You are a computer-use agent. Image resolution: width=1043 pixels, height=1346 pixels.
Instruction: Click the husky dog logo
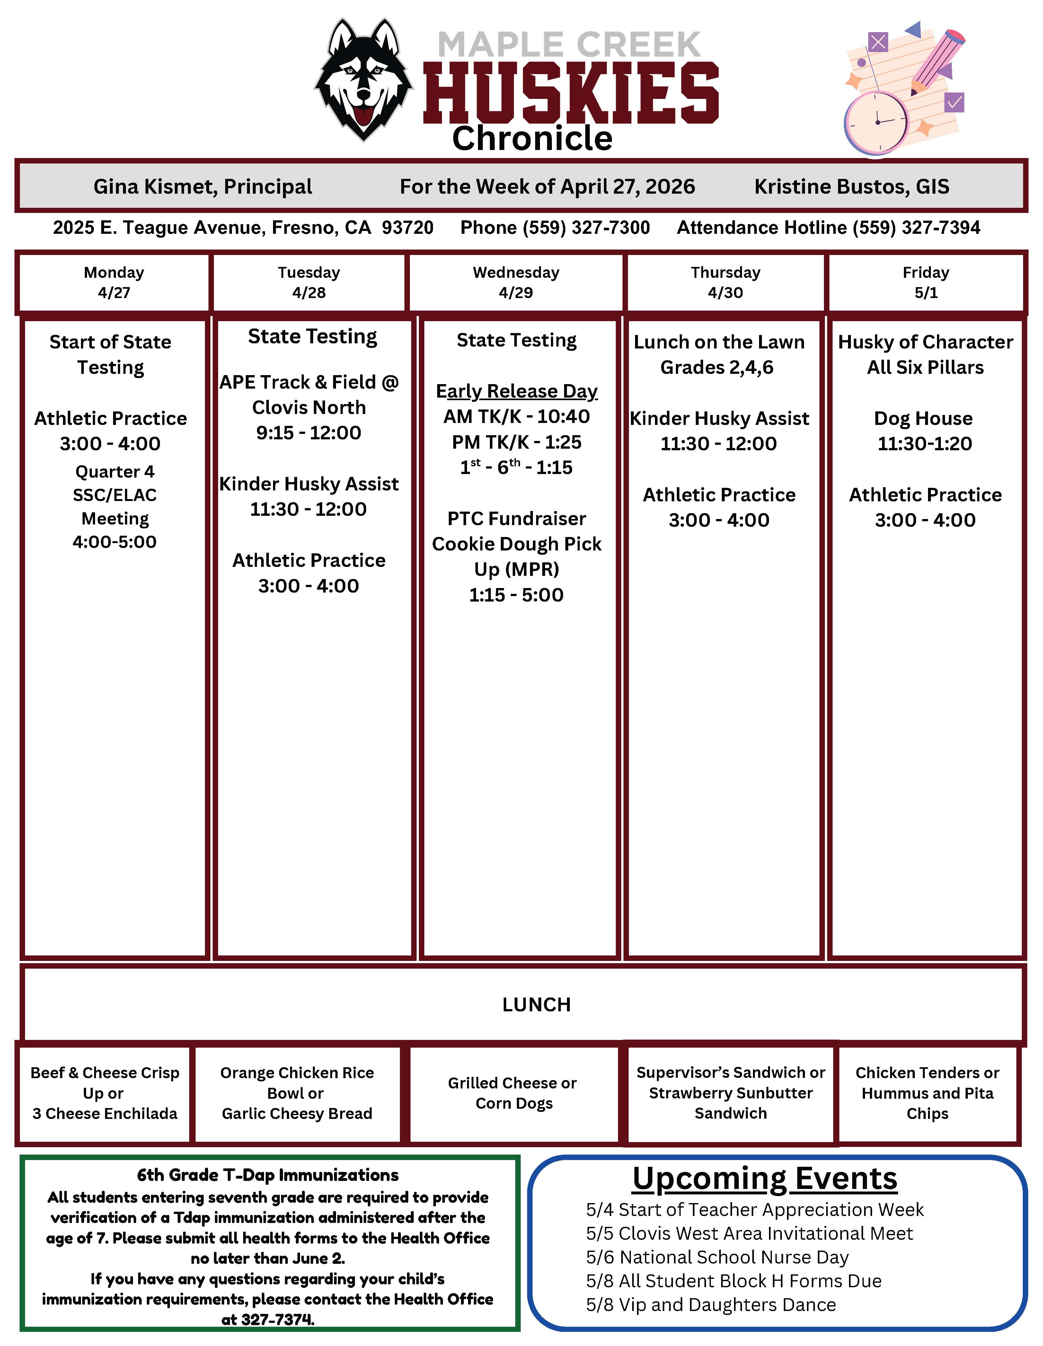pos(363,79)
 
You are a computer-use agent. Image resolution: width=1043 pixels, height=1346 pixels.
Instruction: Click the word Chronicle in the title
pos(532,139)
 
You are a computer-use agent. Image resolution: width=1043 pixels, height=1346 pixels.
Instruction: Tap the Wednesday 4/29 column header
pos(516,282)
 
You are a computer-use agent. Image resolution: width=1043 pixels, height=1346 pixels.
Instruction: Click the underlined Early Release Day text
pos(517,391)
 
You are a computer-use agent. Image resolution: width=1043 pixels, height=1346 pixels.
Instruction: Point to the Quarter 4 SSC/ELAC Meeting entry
pos(115,506)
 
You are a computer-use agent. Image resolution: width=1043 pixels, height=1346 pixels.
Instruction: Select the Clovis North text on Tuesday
pos(309,407)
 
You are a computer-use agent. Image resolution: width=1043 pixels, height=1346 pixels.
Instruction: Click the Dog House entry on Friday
pos(924,418)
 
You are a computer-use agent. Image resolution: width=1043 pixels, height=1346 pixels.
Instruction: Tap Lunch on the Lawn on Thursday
pos(719,342)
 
